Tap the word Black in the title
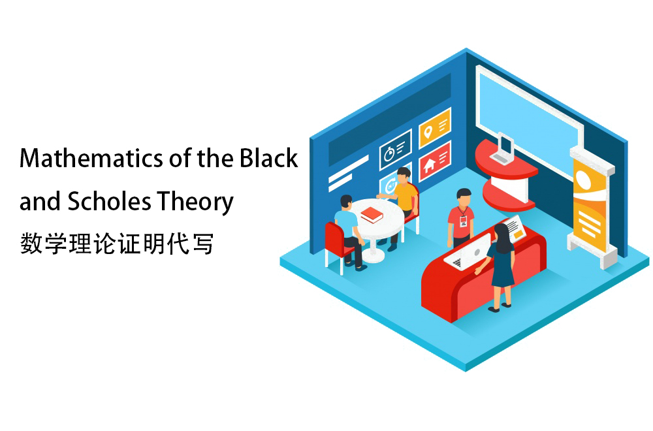[x=268, y=158]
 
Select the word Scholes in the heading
[x=109, y=201]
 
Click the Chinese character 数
[x=31, y=244]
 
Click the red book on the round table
[x=372, y=215]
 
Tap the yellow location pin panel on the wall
[x=435, y=128]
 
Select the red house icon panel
[x=435, y=161]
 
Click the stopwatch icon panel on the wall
[x=395, y=150]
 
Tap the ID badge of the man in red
[x=463, y=221]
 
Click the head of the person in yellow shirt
[x=404, y=175]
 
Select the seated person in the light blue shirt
[x=349, y=232]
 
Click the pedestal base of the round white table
[x=374, y=255]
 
